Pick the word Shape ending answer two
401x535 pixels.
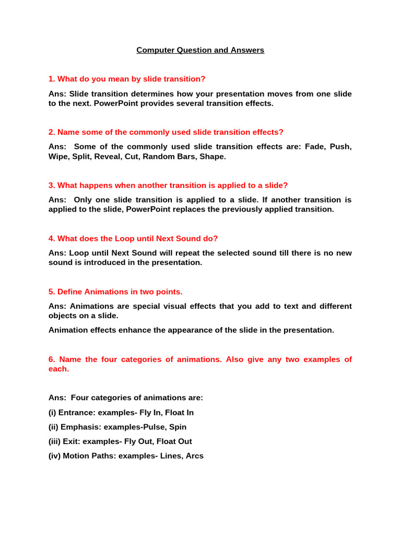215,156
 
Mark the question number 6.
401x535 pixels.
52,359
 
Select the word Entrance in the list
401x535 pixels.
77,412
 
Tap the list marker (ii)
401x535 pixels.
54,427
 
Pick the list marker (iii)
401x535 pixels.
55,441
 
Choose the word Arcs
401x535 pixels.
194,456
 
